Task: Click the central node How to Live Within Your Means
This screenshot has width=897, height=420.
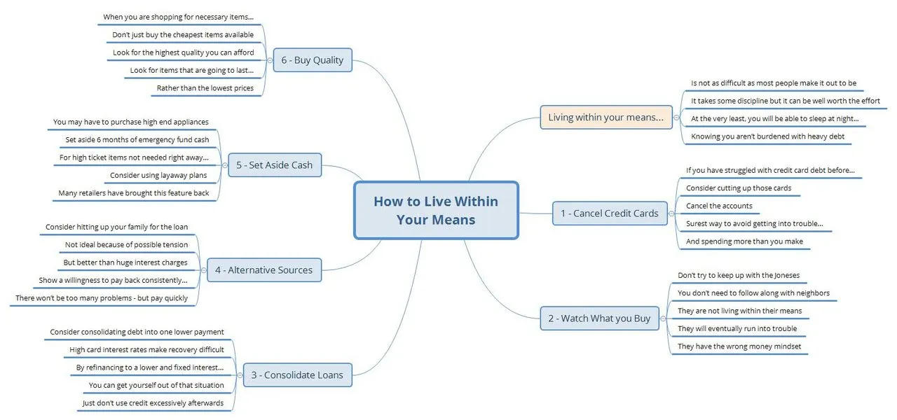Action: tap(436, 211)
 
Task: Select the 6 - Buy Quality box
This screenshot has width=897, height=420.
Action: tap(313, 60)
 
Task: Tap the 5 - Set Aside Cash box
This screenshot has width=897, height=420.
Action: tap(275, 164)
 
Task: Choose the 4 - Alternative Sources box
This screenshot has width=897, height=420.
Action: tap(264, 270)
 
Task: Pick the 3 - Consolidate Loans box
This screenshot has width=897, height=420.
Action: tap(298, 374)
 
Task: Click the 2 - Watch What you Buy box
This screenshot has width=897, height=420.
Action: tap(599, 318)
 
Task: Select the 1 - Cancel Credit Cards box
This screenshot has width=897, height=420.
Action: tap(610, 213)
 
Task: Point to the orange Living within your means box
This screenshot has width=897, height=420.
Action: tap(606, 117)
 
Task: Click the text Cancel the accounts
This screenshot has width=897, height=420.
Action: tap(719, 206)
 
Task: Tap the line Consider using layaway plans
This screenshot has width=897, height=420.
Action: tap(158, 175)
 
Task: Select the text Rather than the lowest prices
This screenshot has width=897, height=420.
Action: tap(205, 88)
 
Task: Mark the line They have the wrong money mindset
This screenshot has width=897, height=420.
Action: tap(739, 346)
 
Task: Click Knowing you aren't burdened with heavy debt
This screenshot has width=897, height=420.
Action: tap(767, 136)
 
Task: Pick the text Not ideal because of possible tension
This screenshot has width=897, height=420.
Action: tap(127, 245)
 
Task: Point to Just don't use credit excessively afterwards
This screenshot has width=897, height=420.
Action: tap(153, 403)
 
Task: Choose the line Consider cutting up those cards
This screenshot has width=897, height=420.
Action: tap(739, 188)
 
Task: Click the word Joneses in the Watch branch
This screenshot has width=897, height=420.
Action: tap(787, 275)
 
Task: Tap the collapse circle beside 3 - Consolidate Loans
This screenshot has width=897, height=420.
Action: tap(240, 375)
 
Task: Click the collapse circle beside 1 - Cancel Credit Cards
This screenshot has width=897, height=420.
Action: tap(671, 213)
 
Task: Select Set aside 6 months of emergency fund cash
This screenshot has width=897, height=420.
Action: tap(137, 139)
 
